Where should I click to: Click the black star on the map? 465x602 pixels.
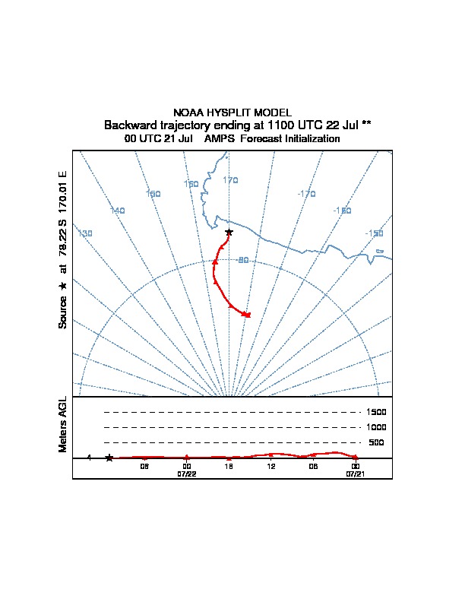[229, 232]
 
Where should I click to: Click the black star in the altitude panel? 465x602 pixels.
[109, 458]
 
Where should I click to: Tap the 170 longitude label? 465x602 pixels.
[231, 180]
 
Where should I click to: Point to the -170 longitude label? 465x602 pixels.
[306, 195]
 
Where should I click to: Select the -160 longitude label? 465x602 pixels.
[342, 211]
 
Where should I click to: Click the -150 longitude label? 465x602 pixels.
[374, 233]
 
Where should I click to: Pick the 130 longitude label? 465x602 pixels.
[85, 233]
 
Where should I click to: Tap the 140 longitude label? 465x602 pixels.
[117, 211]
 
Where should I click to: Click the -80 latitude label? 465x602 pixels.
[242, 261]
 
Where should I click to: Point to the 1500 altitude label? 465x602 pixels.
[376, 412]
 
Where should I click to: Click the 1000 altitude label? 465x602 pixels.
[376, 427]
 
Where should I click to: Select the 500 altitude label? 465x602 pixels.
[376, 442]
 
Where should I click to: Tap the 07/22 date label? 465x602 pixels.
[187, 474]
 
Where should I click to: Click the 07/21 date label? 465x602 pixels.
[356, 474]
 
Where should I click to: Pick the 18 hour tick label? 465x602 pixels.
[228, 466]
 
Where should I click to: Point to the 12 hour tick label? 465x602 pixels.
[270, 466]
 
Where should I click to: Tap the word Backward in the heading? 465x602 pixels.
[129, 125]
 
